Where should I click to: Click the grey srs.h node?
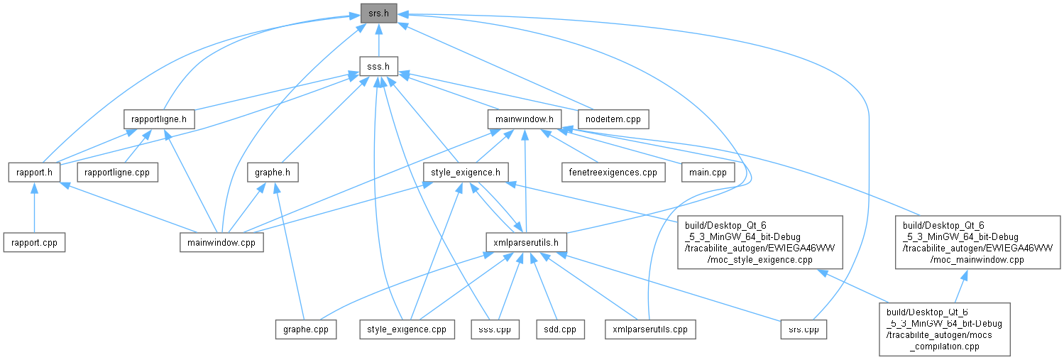click(378, 13)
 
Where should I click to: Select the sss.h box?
click(378, 66)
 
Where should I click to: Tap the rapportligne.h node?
click(159, 119)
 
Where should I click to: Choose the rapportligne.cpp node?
click(117, 172)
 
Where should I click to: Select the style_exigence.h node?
click(466, 172)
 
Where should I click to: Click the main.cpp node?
click(708, 172)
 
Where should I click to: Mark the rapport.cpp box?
click(34, 242)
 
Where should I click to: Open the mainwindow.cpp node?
click(221, 242)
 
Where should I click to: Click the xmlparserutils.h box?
click(526, 242)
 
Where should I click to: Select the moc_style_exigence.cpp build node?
click(759, 242)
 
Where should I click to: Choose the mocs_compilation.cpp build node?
click(944, 329)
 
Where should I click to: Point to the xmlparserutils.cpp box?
click(650, 329)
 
